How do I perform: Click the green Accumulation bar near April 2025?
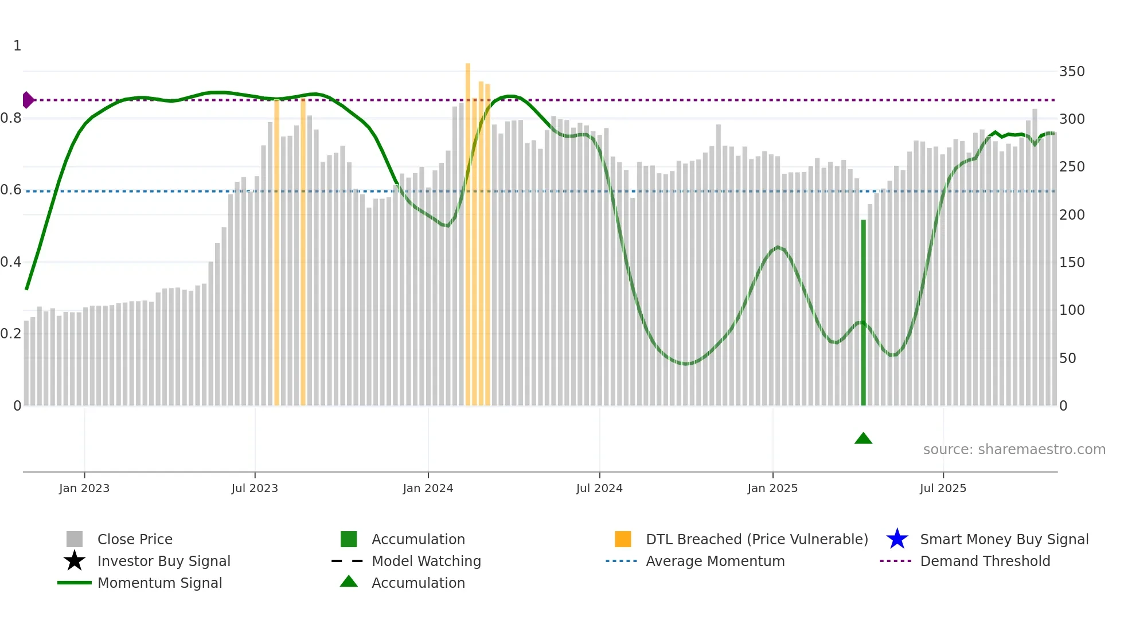click(863, 313)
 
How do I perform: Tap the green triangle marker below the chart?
click(863, 439)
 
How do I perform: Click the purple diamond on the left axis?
click(28, 100)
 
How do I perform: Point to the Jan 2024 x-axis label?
click(428, 488)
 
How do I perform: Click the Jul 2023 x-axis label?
click(255, 488)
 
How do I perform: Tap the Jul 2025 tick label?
click(943, 488)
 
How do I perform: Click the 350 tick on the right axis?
click(1072, 72)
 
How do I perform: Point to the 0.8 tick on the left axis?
click(11, 118)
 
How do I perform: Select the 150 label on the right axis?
click(1072, 262)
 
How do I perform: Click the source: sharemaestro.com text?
click(1014, 449)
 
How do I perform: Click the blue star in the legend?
click(897, 539)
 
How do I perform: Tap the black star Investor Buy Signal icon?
click(75, 561)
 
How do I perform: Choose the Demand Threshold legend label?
click(985, 561)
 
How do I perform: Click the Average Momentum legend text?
click(715, 561)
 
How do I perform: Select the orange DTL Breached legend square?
click(623, 539)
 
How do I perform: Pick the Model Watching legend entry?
click(426, 561)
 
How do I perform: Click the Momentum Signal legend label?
click(159, 583)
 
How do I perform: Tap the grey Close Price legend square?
click(75, 539)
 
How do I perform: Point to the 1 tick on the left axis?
click(17, 46)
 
